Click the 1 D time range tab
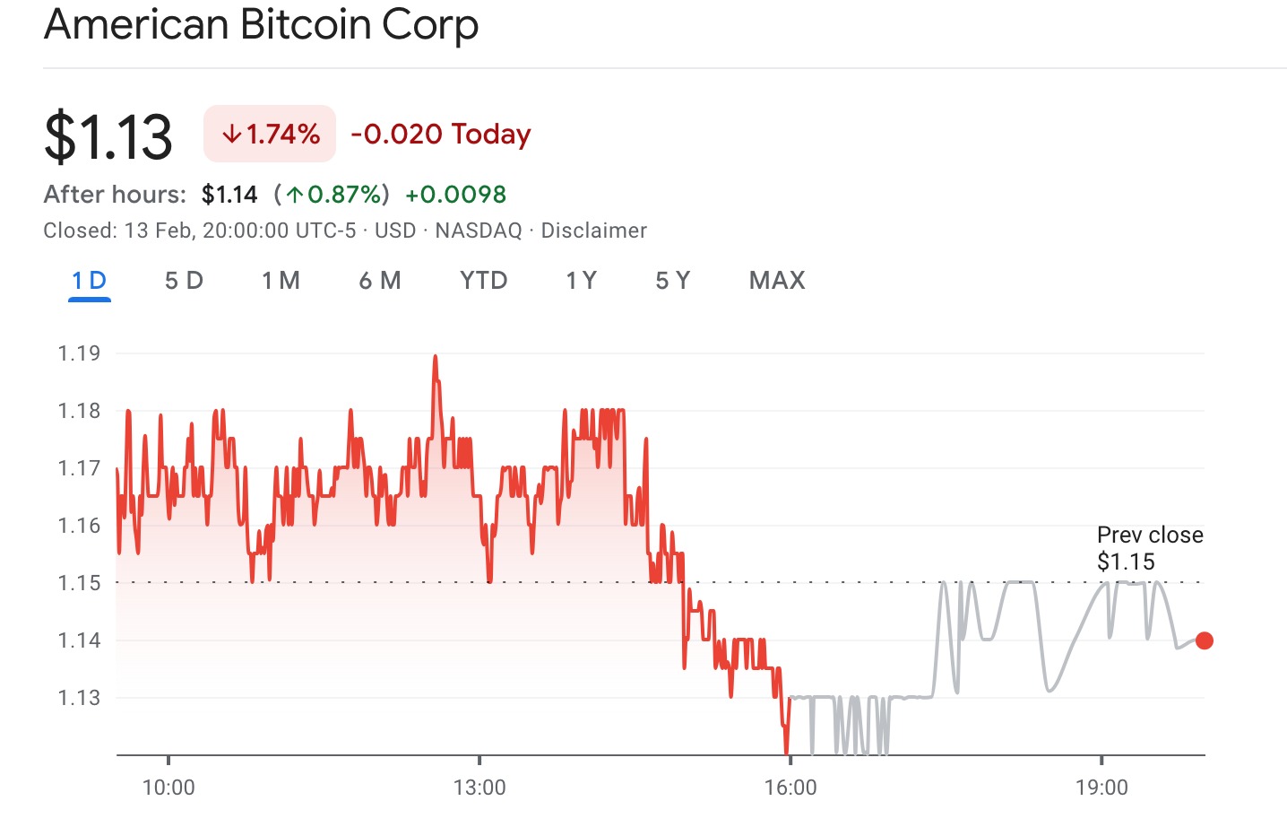pyautogui.click(x=89, y=281)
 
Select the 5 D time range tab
pyautogui.click(x=184, y=281)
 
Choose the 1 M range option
pyautogui.click(x=281, y=281)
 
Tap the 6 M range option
pyautogui.click(x=380, y=281)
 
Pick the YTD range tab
pyautogui.click(x=483, y=281)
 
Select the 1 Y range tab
pyautogui.click(x=581, y=281)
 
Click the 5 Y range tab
pyautogui.click(x=672, y=281)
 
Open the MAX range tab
pyautogui.click(x=777, y=281)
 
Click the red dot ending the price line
pyautogui.click(x=1205, y=640)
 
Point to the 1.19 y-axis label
pyautogui.click(x=79, y=353)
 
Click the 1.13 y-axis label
pyautogui.click(x=79, y=698)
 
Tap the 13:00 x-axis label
pyautogui.click(x=479, y=788)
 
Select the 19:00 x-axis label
pyautogui.click(x=1101, y=788)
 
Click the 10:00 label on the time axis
pyautogui.click(x=168, y=788)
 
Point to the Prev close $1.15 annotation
pyautogui.click(x=1149, y=548)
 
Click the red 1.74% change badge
pyautogui.click(x=270, y=135)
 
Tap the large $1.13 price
pyautogui.click(x=108, y=136)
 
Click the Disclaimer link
pyautogui.click(x=593, y=231)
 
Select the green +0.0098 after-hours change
pyautogui.click(x=455, y=195)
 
